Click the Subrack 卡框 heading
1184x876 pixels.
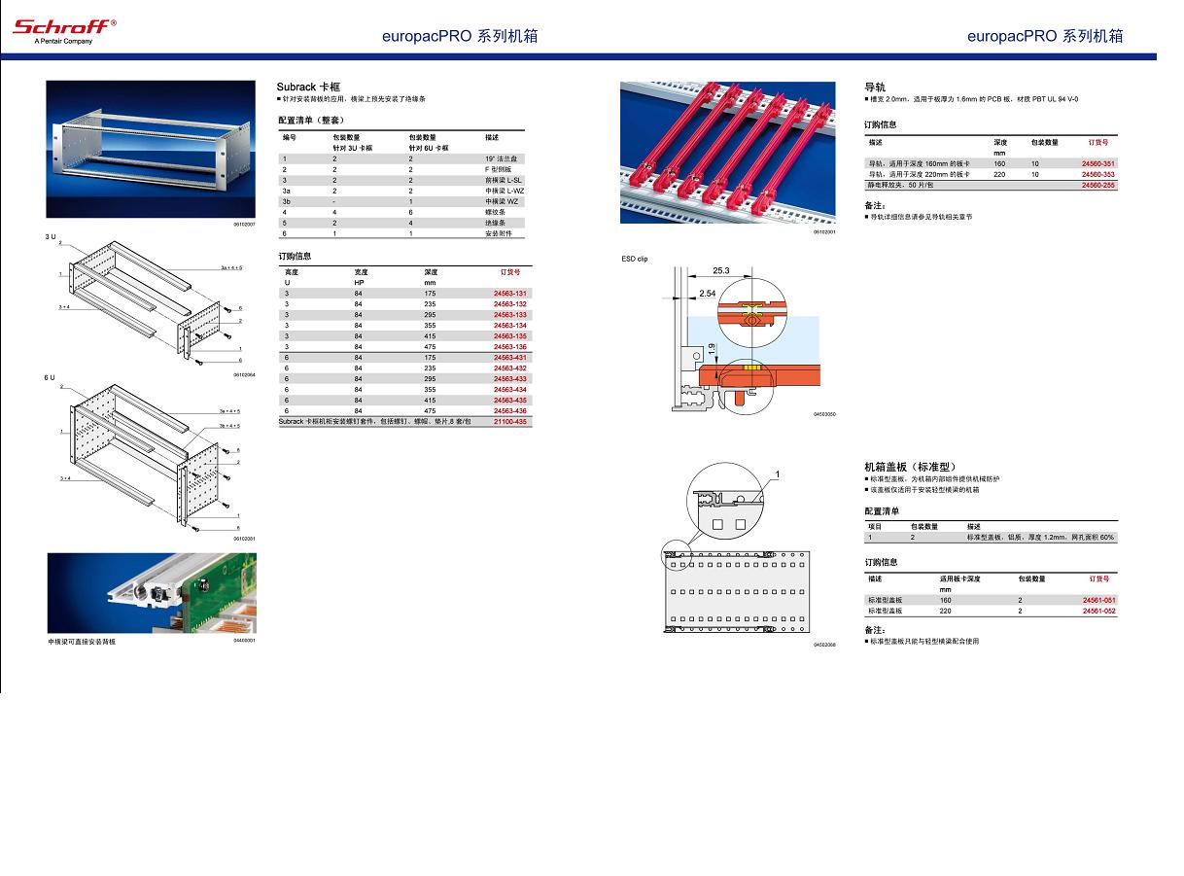[308, 88]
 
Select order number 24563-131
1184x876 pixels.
[509, 294]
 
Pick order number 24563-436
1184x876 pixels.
[509, 411]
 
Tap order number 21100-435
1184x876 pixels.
[509, 422]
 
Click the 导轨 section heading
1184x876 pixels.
[875, 88]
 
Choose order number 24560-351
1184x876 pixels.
[1098, 163]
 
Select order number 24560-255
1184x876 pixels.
[1098, 185]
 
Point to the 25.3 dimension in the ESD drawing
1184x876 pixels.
[720, 270]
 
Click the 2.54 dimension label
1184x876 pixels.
[707, 293]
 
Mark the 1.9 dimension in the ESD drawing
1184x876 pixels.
[712, 348]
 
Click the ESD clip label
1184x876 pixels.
[635, 260]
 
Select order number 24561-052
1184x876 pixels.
[1098, 612]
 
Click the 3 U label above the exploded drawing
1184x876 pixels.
[51, 237]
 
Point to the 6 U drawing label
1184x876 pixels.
[51, 376]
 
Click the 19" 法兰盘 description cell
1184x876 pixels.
[502, 158]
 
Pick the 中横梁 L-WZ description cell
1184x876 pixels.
[505, 191]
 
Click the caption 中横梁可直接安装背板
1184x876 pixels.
[82, 642]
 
